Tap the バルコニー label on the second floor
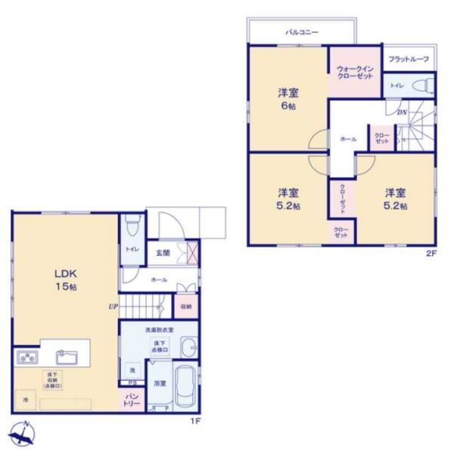301,33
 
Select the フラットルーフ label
409,59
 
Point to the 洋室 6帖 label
288,99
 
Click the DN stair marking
402,112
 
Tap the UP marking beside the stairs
113,307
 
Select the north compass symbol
22,434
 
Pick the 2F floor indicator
431,254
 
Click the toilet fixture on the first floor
133,226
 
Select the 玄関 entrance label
163,253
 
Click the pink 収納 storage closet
186,307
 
